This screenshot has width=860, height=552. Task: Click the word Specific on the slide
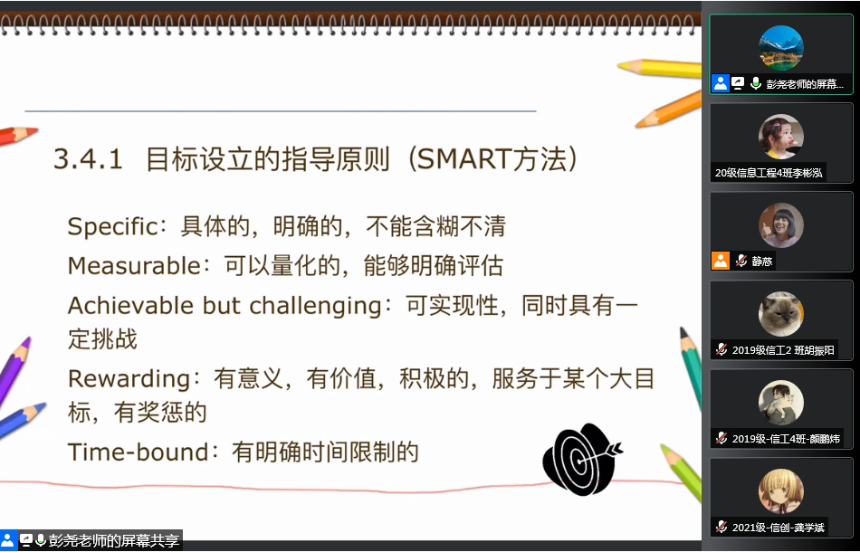[112, 227]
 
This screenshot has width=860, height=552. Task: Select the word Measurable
[135, 266]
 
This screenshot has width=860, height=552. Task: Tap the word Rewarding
[129, 379]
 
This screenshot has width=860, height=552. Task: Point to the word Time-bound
[139, 452]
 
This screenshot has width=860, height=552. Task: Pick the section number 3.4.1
[88, 159]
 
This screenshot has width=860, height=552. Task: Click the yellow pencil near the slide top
[659, 68]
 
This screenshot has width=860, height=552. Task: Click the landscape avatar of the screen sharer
[781, 48]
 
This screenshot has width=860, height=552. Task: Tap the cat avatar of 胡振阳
[781, 313]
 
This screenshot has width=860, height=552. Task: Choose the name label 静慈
[762, 261]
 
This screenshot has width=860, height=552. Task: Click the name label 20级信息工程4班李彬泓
[768, 173]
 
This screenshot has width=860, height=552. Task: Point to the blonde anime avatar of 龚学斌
[781, 491]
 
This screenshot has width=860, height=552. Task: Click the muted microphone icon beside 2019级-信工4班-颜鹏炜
[721, 439]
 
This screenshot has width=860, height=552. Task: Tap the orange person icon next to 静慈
[721, 261]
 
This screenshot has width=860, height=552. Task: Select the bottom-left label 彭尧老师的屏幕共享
[114, 540]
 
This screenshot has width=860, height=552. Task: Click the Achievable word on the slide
[129, 306]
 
